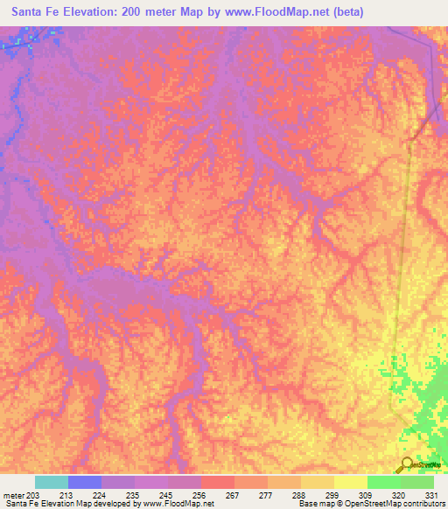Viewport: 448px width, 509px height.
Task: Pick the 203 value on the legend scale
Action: [x=32, y=495]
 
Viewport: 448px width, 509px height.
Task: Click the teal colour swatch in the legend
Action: [x=52, y=482]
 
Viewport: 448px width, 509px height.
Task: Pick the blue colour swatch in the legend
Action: [x=85, y=482]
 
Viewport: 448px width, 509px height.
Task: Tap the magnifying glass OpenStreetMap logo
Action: [x=407, y=466]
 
